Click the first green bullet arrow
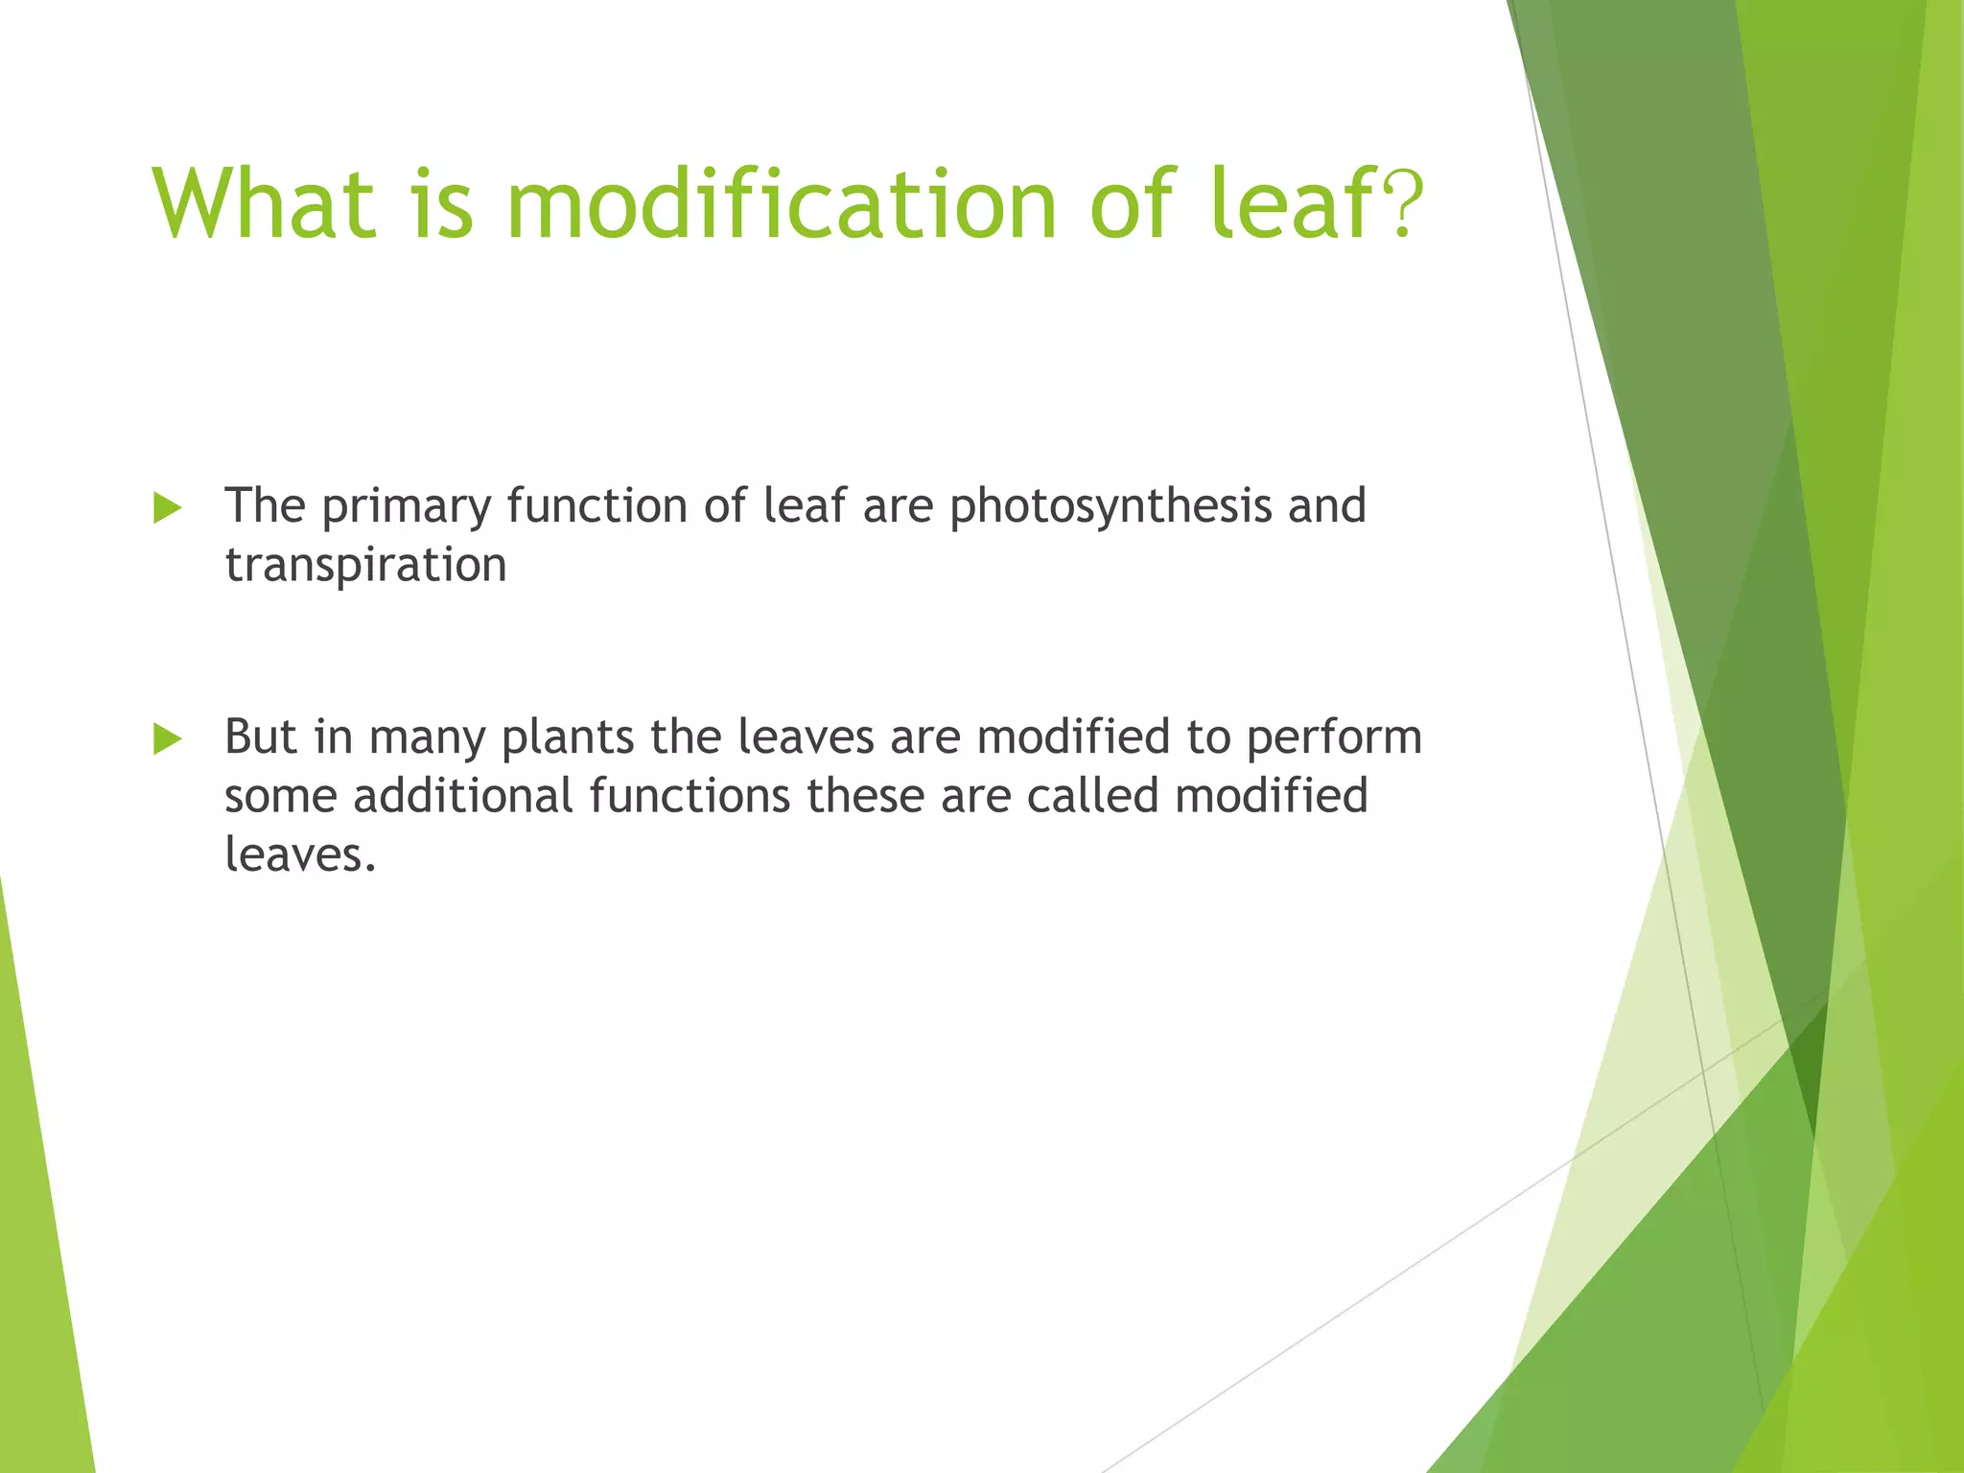[167, 508]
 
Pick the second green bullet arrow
[167, 739]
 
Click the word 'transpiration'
[365, 565]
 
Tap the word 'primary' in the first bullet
[407, 505]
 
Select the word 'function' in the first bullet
[597, 505]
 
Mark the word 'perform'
[1334, 737]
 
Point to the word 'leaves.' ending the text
[300, 854]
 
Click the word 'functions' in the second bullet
[690, 796]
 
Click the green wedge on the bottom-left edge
[38, 1247]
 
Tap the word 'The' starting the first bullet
[265, 505]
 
